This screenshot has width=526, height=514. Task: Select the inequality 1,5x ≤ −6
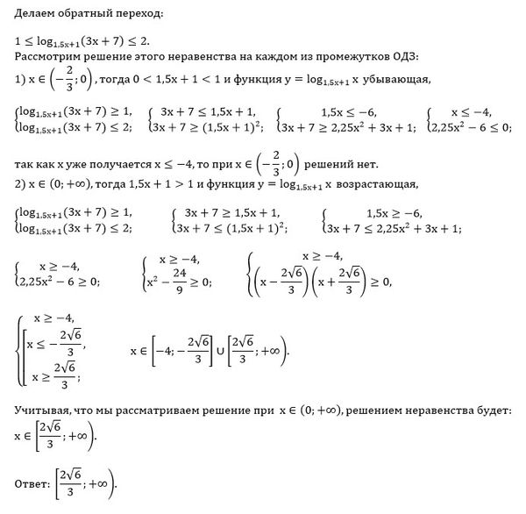tap(348, 113)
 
